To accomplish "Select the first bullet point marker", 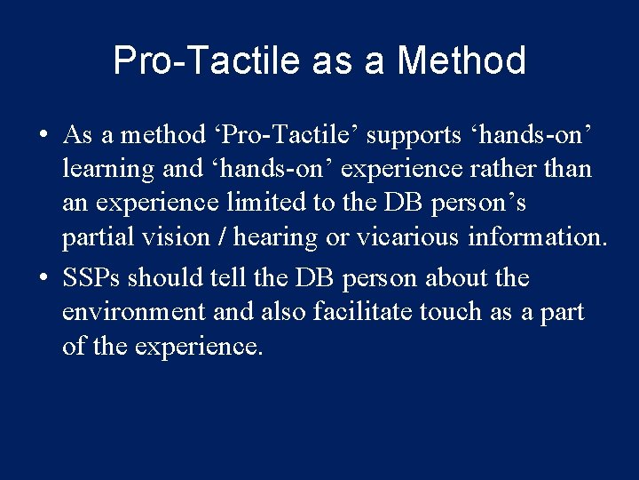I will tap(43, 136).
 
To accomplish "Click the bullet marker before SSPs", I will tap(43, 279).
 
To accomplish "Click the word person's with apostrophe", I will tap(478, 203).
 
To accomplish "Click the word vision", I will tap(168, 237).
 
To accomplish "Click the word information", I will tap(541, 237).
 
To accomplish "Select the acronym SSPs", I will tap(91, 278).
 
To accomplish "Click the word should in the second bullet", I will tap(165, 278).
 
